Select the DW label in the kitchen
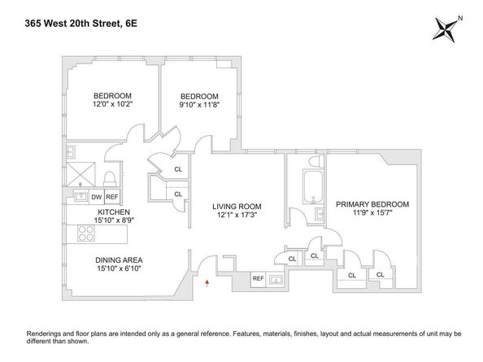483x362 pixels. pyautogui.click(x=96, y=196)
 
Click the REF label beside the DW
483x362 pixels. pyautogui.click(x=111, y=196)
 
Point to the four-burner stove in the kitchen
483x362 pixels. pyautogui.click(x=86, y=234)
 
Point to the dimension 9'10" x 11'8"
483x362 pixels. pyautogui.click(x=198, y=105)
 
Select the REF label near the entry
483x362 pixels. pyautogui.click(x=258, y=279)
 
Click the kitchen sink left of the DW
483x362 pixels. pyautogui.click(x=80, y=196)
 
